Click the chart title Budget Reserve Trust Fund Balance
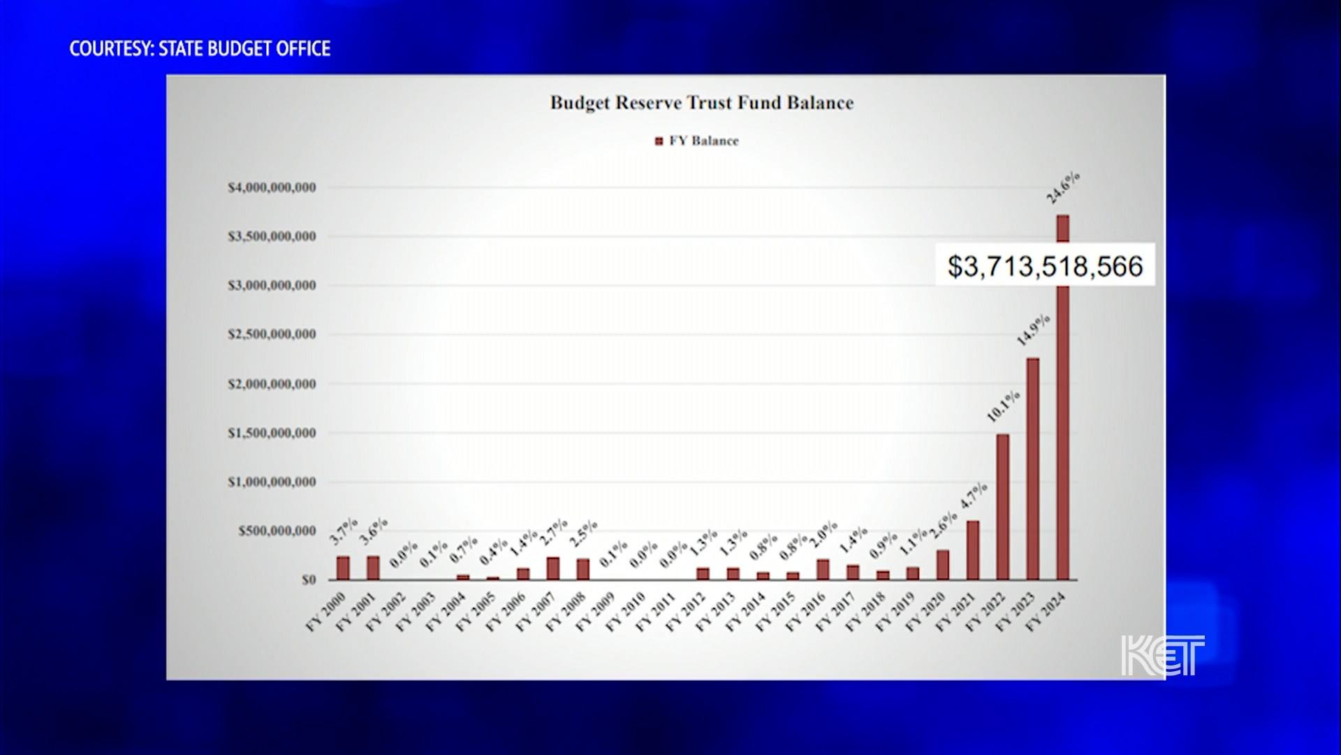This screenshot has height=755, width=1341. [701, 103]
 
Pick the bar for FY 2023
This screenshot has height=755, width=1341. [1032, 468]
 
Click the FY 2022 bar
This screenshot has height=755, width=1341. [1002, 507]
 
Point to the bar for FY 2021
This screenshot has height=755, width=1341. [972, 550]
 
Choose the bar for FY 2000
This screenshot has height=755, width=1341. [343, 568]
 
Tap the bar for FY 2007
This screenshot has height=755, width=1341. [553, 568]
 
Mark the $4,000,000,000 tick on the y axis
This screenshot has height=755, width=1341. [272, 187]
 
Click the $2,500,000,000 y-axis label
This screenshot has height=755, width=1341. [272, 334]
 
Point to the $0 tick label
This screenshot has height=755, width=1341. [309, 580]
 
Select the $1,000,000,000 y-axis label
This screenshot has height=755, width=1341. [272, 482]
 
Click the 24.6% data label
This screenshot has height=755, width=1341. [1063, 187]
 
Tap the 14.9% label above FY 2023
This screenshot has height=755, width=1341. [1033, 330]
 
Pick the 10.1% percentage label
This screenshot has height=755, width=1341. [1003, 406]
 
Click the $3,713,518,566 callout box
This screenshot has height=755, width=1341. [1045, 266]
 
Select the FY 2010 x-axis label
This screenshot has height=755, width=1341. [626, 612]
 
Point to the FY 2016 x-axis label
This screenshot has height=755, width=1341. [806, 612]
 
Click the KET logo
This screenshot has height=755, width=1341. [1162, 655]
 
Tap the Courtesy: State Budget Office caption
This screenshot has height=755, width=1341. [200, 48]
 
